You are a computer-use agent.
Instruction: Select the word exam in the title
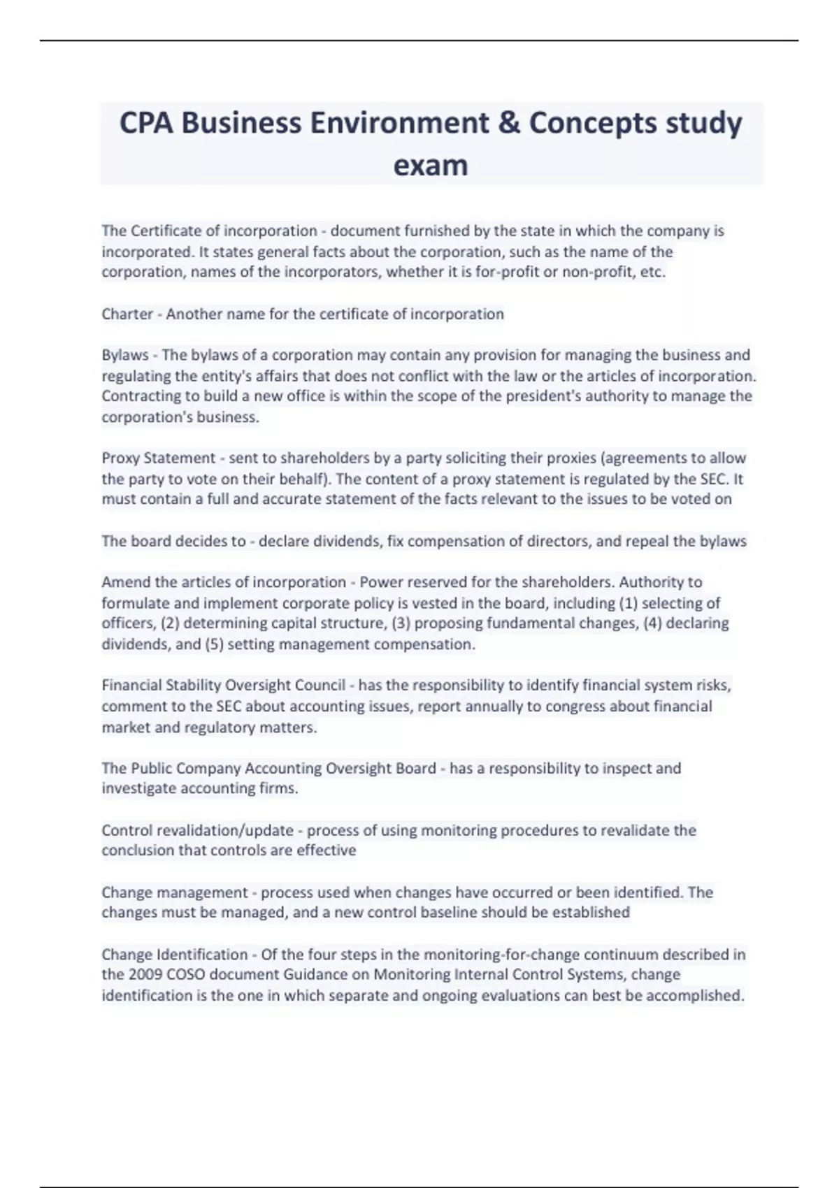tap(431, 165)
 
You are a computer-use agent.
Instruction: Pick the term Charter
tap(127, 314)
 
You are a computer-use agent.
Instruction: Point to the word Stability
tap(191, 686)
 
